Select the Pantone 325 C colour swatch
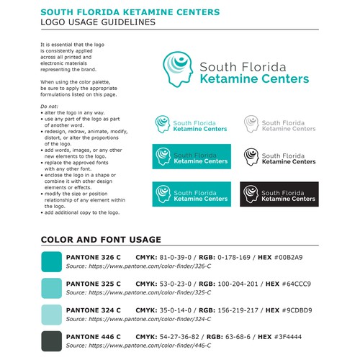pyautogui.click(x=53, y=287)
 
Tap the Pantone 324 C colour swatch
pyautogui.click(x=53, y=314)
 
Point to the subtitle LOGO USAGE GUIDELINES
pyautogui.click(x=97, y=22)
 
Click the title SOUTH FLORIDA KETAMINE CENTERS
pyautogui.click(x=120, y=12)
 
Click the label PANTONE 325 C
pyautogui.click(x=93, y=284)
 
